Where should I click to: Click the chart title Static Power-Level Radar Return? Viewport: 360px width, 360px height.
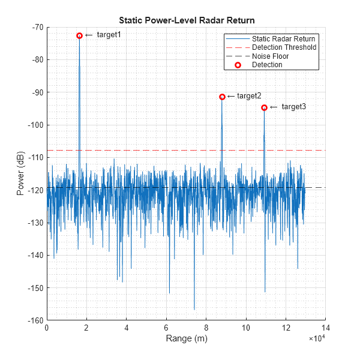(187, 19)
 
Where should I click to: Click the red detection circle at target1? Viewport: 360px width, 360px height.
(79, 36)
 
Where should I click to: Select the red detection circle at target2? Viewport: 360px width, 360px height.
(222, 97)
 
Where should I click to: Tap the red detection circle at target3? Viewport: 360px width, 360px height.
(264, 107)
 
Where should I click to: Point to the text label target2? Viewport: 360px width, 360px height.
(249, 96)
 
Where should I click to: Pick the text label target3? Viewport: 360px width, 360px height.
(293, 107)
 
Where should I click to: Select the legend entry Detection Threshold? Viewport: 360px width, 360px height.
(284, 47)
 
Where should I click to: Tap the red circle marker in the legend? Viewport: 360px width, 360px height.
(238, 65)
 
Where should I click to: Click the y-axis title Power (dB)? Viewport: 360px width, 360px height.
(21, 173)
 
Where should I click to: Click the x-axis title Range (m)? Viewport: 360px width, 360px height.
(186, 339)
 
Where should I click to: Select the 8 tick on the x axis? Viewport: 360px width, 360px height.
(206, 328)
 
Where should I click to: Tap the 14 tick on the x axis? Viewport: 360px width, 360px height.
(325, 328)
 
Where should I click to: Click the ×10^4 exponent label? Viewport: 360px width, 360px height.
(316, 340)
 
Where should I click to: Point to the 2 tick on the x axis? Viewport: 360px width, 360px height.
(86, 328)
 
